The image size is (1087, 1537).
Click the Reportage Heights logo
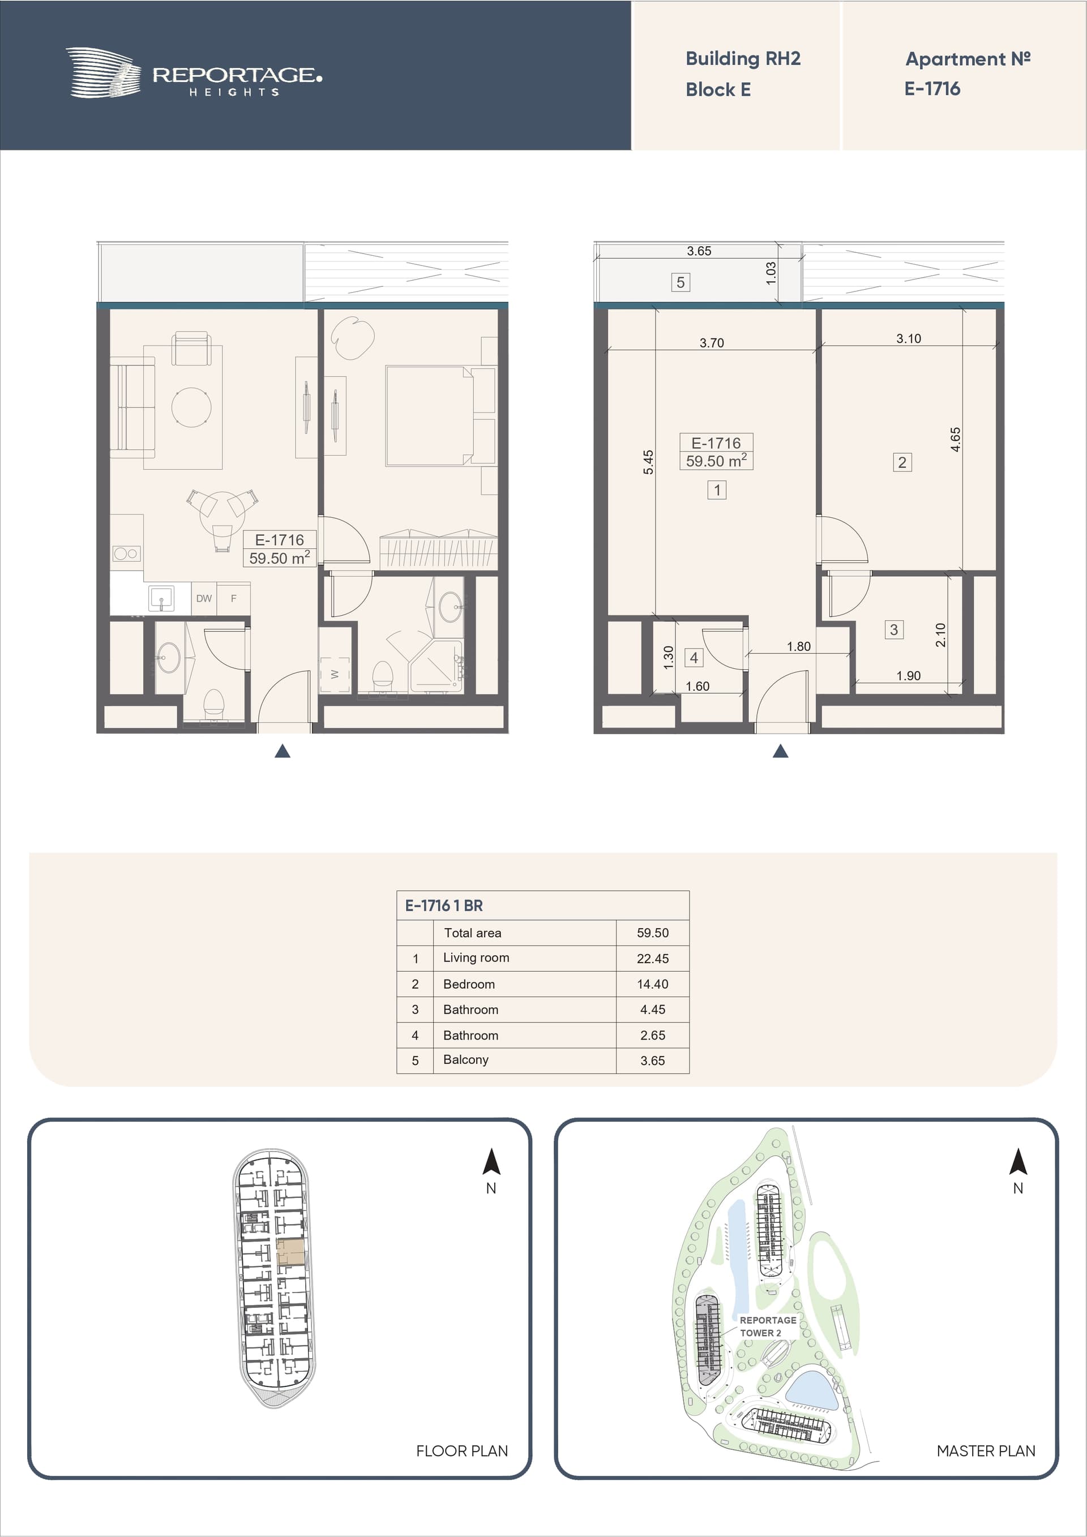coord(194,73)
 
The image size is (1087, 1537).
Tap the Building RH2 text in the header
coord(743,59)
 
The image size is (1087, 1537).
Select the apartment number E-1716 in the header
coord(932,88)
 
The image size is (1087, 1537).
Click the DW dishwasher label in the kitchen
coord(204,599)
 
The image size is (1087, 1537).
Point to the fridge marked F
coord(234,599)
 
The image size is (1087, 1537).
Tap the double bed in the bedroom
coord(429,416)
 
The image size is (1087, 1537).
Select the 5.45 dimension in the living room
coord(648,462)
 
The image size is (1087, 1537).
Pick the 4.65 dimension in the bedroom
coord(956,439)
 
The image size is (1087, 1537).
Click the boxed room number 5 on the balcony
coord(681,282)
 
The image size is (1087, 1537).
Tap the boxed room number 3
coord(893,629)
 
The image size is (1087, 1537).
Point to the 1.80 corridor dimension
coord(798,646)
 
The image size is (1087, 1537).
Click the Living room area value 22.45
coord(652,959)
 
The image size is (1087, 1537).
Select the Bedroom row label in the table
coord(469,984)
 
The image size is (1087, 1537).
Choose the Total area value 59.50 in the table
coord(652,933)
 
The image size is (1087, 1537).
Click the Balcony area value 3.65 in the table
coord(652,1061)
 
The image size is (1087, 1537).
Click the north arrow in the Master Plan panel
coord(1018,1161)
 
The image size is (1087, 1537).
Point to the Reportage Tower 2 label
coord(768,1326)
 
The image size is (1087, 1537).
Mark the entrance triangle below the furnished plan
coord(283,751)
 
